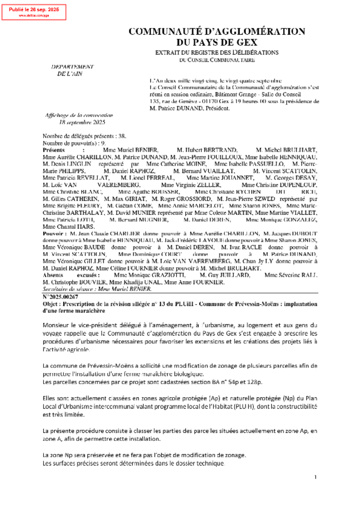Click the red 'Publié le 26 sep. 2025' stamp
(x=34, y=12)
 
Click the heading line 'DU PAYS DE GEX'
(x=217, y=42)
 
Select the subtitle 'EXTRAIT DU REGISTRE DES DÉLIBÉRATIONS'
(x=217, y=52)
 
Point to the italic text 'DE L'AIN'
(x=70, y=74)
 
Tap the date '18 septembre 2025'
(x=82, y=122)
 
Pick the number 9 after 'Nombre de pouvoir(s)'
(x=103, y=143)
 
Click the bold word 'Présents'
(x=54, y=150)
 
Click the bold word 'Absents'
(x=53, y=275)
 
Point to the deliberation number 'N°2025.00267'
(x=60, y=297)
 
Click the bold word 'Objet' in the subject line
(x=50, y=304)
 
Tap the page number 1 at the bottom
(x=315, y=477)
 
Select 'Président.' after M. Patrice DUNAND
(x=218, y=108)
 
